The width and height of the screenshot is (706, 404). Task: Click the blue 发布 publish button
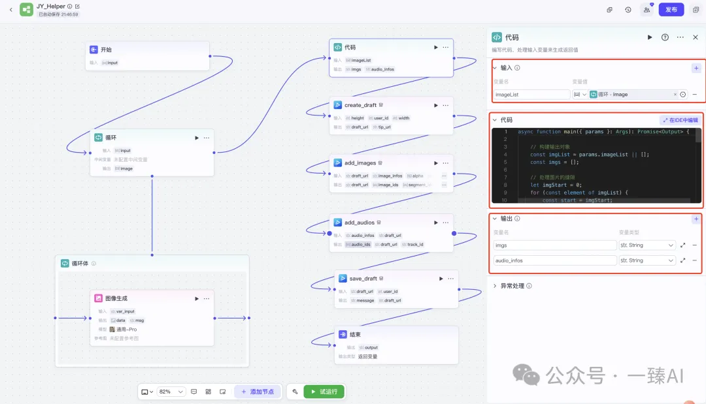pos(671,10)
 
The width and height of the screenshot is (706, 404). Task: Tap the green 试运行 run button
pos(324,392)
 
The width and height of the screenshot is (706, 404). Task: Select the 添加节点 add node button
pos(258,392)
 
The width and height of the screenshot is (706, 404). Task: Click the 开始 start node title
pos(106,50)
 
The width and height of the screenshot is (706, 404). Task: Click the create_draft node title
pos(360,105)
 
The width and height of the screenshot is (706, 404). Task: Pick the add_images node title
pos(360,163)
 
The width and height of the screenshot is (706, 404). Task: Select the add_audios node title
pos(360,223)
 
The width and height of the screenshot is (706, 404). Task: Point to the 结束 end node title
pos(356,335)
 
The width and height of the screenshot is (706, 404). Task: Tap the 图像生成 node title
pos(116,298)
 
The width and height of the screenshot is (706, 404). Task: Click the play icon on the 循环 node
pos(196,138)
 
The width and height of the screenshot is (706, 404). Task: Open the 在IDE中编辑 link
pos(679,120)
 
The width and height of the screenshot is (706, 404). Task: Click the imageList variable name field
pos(531,95)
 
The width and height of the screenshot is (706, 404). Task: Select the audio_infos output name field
pos(554,260)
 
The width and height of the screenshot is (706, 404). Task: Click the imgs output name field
pos(554,245)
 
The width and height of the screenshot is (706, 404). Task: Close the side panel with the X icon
pos(695,37)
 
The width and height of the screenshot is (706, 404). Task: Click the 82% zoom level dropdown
pos(172,392)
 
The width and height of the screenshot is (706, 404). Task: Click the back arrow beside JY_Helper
pos(10,10)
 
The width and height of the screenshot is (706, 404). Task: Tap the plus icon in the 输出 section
pos(696,219)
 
